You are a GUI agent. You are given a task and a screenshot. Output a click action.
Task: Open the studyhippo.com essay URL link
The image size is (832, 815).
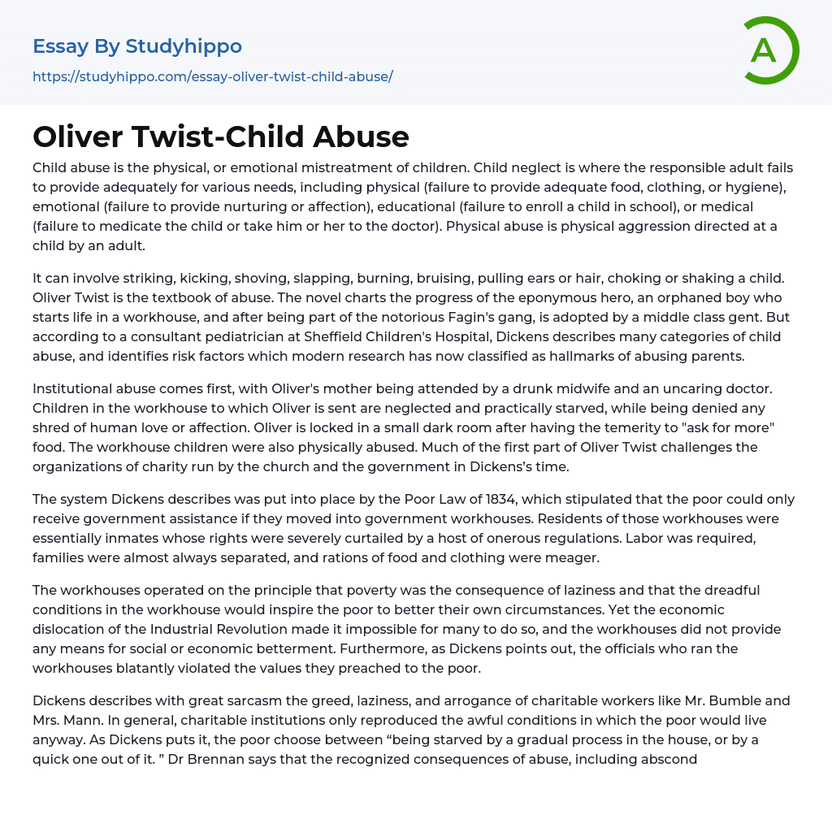click(x=213, y=76)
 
